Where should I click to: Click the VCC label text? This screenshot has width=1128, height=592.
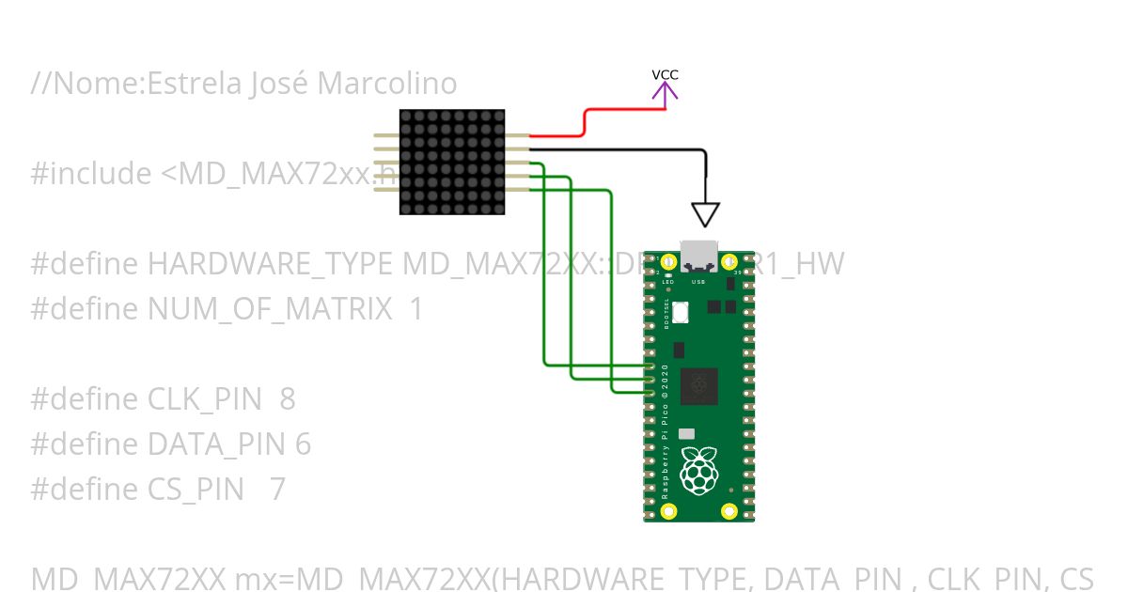665,75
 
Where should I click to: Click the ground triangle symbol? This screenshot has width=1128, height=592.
705,214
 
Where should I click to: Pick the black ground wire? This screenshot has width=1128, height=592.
620,148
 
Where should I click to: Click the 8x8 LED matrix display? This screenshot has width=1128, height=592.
452,162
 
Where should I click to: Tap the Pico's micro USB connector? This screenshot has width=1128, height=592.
698,257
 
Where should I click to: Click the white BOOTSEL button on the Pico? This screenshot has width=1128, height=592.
681,311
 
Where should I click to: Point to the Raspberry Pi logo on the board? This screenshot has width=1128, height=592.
697,471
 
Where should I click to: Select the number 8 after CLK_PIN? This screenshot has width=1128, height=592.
287,399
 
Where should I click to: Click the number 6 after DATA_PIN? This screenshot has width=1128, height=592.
303,444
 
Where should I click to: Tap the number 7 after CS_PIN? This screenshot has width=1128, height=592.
277,490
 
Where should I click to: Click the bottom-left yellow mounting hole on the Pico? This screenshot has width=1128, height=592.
668,511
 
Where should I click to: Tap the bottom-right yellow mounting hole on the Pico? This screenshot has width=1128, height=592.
728,511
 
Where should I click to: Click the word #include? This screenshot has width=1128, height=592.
91,174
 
